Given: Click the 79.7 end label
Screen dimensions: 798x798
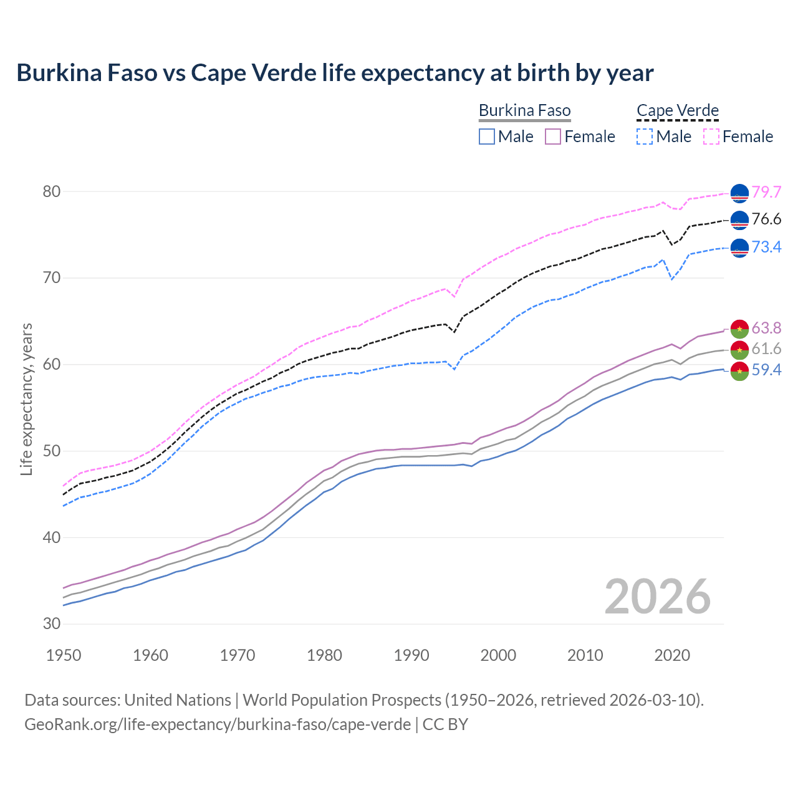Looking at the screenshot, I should (766, 192).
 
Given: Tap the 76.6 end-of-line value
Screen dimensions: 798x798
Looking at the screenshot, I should (766, 219).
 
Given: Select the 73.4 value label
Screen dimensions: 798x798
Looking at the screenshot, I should (766, 247).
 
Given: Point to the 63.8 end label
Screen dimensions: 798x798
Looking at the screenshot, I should (766, 328).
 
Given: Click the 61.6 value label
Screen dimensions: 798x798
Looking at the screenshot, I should (766, 349).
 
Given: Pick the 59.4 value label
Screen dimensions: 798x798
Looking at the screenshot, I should (766, 370).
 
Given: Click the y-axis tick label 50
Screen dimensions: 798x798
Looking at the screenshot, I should (52, 451).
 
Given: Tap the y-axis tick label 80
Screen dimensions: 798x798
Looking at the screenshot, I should (52, 191).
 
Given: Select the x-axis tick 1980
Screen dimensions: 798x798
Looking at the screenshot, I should (325, 655).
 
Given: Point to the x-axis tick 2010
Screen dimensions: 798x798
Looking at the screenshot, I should (585, 655).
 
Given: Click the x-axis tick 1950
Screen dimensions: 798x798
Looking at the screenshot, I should (64, 655).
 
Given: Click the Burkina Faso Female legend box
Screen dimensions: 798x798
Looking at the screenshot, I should (553, 137).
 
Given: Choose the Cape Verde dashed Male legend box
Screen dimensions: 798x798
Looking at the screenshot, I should (645, 137).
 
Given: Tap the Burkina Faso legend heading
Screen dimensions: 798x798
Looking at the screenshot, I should (524, 110).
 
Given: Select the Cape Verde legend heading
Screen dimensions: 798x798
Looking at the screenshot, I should (678, 110).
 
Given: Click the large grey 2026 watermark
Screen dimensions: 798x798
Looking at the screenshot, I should (658, 597).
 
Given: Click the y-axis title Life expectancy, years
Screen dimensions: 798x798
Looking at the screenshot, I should (26, 399).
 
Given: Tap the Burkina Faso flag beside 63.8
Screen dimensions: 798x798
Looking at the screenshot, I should (739, 329).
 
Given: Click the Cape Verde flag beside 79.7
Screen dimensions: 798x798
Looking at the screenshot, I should (739, 193).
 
